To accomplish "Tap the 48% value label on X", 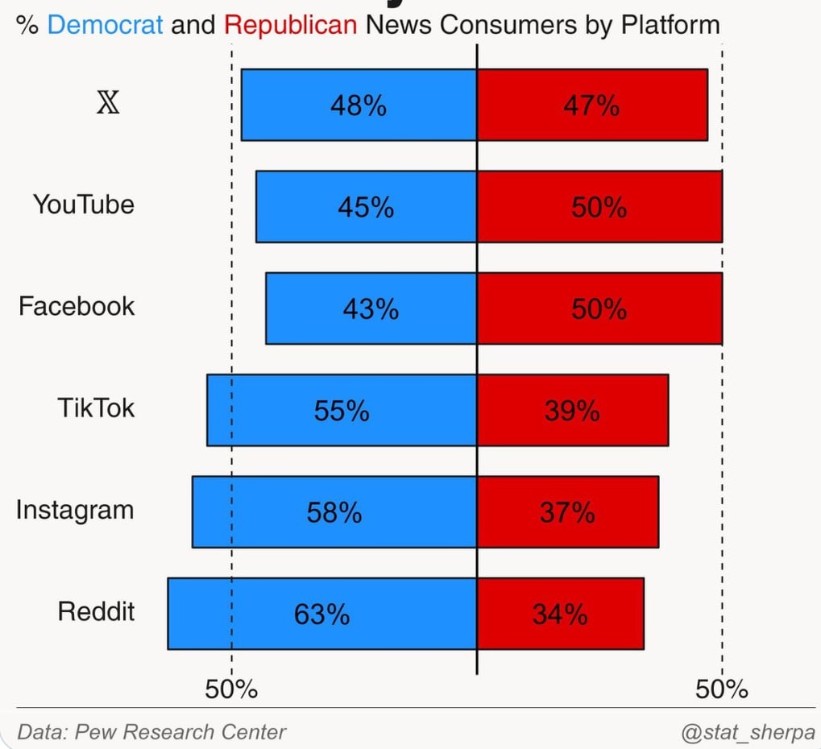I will (359, 106).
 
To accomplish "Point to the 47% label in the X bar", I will (591, 106).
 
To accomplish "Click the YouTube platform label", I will (84, 205).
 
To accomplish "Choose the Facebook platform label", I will (77, 307).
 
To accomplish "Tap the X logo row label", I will (108, 104).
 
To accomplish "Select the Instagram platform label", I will (75, 511).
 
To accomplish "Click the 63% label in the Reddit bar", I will (321, 615).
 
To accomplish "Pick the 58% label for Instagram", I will (334, 512).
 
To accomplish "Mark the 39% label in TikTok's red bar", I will (572, 411).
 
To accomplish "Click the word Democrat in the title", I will (106, 25).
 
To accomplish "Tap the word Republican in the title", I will (290, 25).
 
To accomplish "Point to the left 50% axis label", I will (231, 689).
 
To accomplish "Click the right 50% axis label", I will (722, 689).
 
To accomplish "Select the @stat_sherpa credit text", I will (748, 733).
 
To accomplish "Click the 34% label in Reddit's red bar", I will (560, 615).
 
